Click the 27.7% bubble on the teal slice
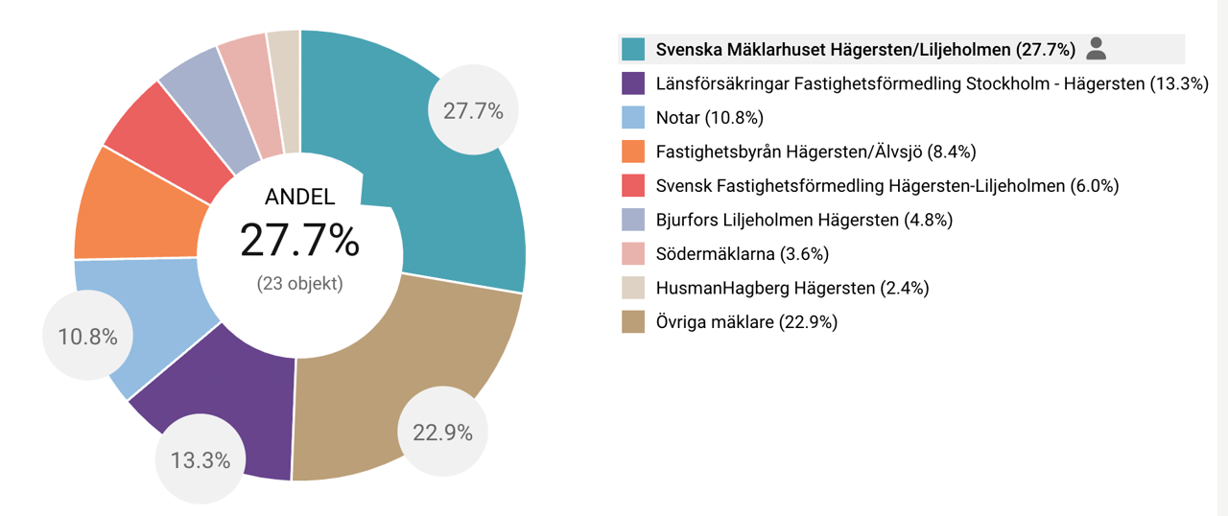click(x=473, y=110)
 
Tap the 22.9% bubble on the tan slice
click(x=442, y=432)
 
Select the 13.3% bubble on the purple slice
click(x=201, y=459)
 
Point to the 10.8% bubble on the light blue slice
click(x=87, y=337)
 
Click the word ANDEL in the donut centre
click(x=299, y=198)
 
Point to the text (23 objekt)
click(x=299, y=284)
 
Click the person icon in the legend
click(x=1098, y=48)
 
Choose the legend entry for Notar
click(x=709, y=118)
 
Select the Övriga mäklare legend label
click(x=746, y=322)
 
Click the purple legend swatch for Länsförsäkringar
click(x=633, y=83)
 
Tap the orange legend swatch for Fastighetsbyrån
click(x=633, y=152)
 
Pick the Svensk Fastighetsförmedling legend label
click(x=887, y=186)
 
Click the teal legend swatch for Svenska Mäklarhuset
click(x=633, y=49)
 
